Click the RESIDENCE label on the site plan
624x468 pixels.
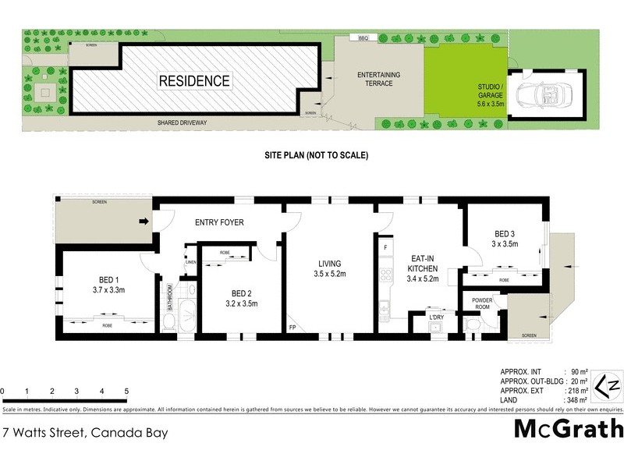tap(194, 80)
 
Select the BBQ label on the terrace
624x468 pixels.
tap(363, 38)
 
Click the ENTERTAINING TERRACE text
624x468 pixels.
tap(378, 78)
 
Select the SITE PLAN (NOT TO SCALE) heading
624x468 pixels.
tap(314, 156)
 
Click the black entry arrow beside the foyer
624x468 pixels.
tap(144, 222)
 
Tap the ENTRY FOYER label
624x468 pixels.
tap(219, 223)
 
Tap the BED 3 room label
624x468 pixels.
tap(505, 238)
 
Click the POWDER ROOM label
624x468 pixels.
tap(481, 303)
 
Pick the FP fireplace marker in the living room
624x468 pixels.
tap(292, 328)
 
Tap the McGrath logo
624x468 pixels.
tap(569, 428)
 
